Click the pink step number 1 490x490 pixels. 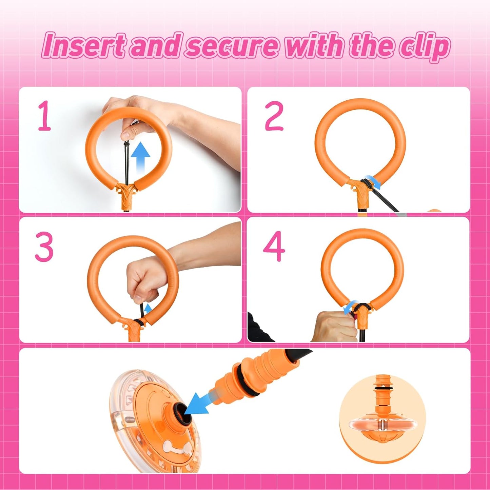[x=44, y=116]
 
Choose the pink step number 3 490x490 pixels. [x=44, y=247]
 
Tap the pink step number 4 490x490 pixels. [x=274, y=246]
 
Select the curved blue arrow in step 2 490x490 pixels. [x=374, y=183]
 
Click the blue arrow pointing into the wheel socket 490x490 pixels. [x=198, y=402]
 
